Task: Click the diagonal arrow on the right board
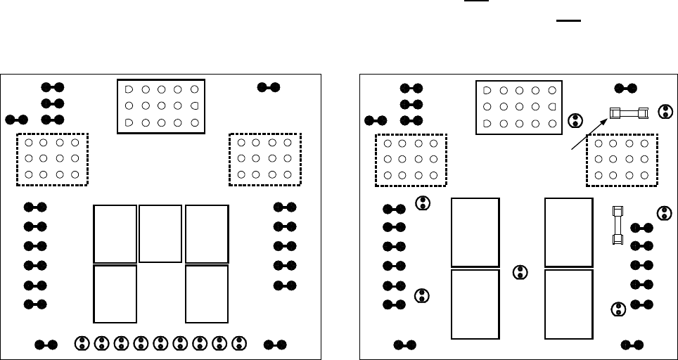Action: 588,134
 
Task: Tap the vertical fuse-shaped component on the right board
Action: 618,225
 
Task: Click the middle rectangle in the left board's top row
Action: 160,233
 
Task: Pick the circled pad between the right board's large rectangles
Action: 520,273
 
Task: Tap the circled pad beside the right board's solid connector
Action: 575,120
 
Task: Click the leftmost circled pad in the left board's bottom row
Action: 83,344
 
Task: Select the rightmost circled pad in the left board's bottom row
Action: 239,344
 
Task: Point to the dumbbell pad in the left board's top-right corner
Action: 268,87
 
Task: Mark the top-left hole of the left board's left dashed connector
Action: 29,143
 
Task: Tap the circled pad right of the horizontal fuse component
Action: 665,111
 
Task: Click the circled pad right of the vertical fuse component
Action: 663,212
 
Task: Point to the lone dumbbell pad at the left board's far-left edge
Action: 16,120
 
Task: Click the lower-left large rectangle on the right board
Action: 475,303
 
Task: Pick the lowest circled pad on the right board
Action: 618,309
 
